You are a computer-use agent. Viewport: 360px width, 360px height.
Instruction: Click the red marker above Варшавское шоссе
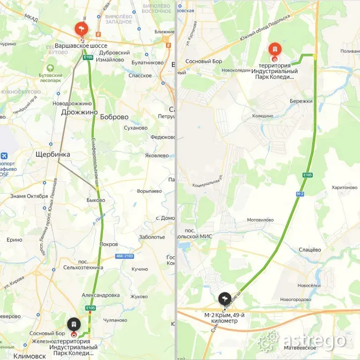pos(81,28)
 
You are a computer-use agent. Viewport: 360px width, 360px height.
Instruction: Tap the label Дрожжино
pos(79,112)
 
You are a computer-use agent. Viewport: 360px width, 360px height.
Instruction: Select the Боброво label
pos(114,117)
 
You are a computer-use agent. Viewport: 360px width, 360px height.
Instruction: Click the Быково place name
pos(96,200)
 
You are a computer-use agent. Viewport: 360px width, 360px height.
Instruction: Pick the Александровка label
pos(100,295)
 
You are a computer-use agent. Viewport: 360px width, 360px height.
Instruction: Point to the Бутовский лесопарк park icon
pos(50,69)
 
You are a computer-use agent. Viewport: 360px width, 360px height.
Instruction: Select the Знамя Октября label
pos(29,195)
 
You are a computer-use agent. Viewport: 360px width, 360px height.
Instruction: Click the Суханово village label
pos(135,128)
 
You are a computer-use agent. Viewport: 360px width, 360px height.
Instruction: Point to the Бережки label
pos(301,101)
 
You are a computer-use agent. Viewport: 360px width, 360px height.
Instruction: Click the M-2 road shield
pos(300,193)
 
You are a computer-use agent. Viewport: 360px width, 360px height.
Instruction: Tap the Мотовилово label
pos(260,220)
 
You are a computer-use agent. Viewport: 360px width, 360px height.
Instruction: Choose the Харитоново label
pos(344,188)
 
